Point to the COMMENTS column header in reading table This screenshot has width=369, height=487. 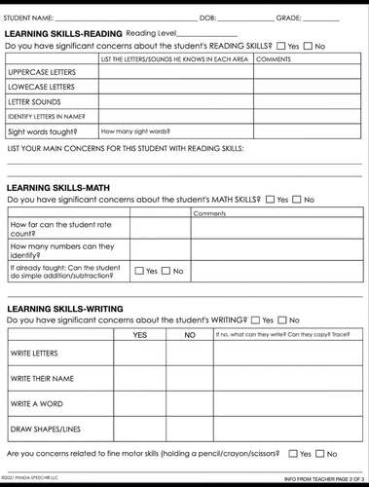pos(273,59)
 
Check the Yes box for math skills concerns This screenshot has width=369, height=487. pos(271,200)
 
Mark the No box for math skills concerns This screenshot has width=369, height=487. pos(298,200)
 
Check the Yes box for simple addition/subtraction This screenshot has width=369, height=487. pos(139,271)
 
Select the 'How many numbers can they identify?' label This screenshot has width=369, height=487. pos(55,249)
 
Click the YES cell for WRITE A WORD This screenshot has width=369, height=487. pos(139,403)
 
